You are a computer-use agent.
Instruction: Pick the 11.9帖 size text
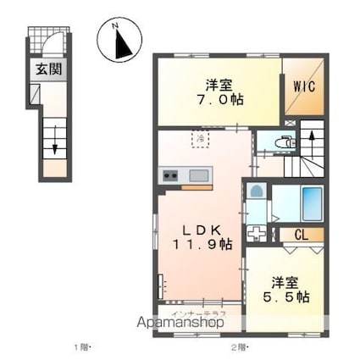[205, 245]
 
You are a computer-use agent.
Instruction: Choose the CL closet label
[302, 235]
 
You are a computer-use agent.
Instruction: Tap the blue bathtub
[312, 202]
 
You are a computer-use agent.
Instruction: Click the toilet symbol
[285, 143]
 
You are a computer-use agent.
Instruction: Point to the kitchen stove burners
[169, 176]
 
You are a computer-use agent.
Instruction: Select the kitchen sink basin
[201, 175]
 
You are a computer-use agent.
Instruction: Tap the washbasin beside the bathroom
[255, 192]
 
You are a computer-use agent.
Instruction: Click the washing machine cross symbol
[256, 233]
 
